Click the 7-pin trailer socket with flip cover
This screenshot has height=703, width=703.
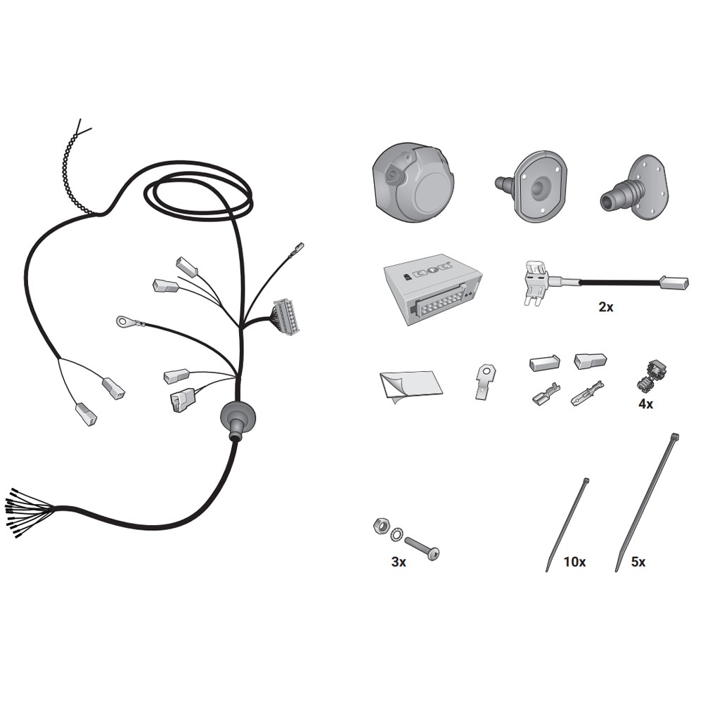(x=413, y=182)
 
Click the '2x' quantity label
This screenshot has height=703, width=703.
(x=606, y=307)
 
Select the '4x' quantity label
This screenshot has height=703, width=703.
(x=645, y=404)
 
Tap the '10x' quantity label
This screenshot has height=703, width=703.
(x=574, y=562)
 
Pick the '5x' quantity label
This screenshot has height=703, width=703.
(x=638, y=562)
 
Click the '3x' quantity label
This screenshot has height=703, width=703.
(x=399, y=562)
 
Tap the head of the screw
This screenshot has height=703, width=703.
(x=433, y=554)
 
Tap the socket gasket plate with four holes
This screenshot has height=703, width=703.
(x=539, y=186)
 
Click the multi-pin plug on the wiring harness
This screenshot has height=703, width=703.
(x=285, y=316)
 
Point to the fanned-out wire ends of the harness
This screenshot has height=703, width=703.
(x=30, y=511)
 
